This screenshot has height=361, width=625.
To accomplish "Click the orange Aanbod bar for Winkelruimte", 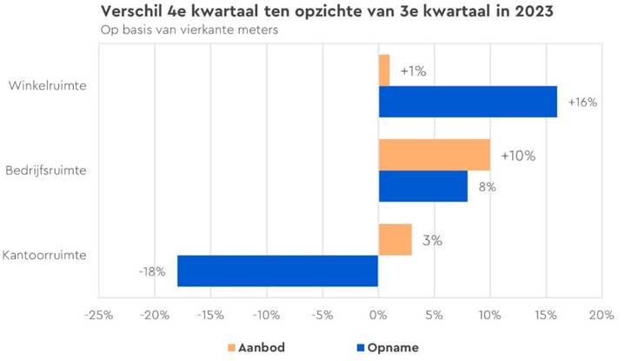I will [384, 70].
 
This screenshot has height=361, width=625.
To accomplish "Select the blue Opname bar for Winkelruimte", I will [468, 101].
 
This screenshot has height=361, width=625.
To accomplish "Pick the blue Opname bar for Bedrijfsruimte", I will [423, 186].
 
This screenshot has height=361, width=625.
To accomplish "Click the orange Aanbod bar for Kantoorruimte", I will [396, 239].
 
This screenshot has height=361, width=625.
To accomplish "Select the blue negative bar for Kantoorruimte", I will [278, 271].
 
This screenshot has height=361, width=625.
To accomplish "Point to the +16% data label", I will [582, 102].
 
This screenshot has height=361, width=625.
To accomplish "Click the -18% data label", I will [152, 271].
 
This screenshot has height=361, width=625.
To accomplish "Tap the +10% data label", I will [518, 157].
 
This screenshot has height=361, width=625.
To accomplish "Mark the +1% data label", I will [413, 71].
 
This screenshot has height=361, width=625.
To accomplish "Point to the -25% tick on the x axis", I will [100, 314].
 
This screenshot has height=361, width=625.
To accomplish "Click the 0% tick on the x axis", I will [379, 314].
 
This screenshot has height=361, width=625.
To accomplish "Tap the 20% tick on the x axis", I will [602, 314].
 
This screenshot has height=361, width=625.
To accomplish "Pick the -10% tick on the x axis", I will [267, 314].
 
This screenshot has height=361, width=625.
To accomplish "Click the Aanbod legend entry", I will [256, 347].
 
